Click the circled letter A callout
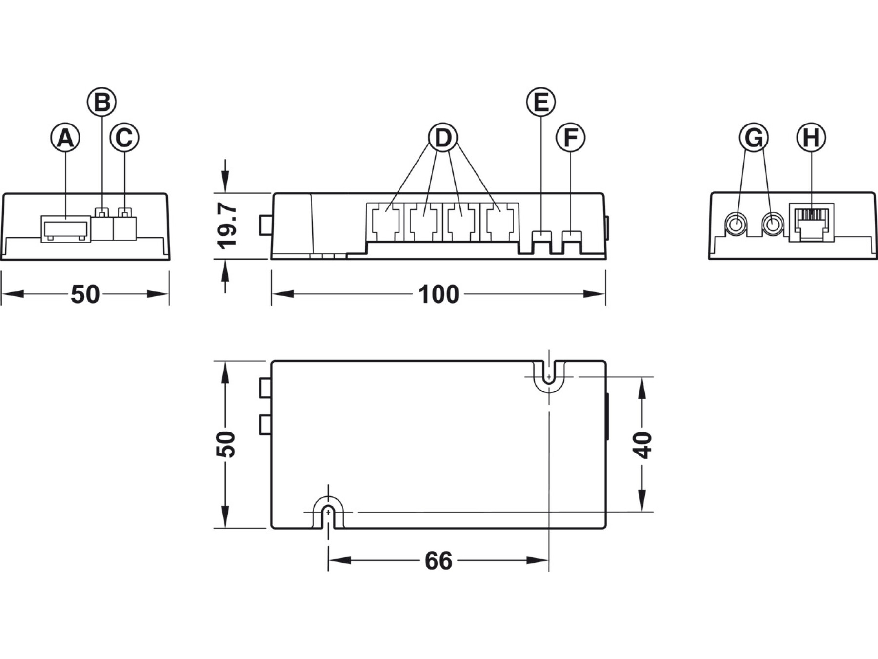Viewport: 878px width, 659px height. click(65, 138)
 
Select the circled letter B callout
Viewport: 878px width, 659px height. click(101, 103)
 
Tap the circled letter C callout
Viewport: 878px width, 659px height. click(124, 138)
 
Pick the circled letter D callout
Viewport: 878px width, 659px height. click(442, 138)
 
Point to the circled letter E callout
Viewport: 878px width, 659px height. click(540, 103)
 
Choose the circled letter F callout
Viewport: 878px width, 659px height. click(570, 138)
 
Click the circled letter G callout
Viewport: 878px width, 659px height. click(754, 138)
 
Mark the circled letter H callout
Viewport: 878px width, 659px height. click(811, 138)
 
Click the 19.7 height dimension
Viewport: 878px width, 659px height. click(228, 227)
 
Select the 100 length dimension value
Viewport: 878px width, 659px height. click(439, 294)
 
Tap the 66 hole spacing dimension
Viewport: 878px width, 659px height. click(439, 561)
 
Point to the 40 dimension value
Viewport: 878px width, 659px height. click(643, 445)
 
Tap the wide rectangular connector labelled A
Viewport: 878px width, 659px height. click(65, 228)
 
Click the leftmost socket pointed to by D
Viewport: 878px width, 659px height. click(385, 223)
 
